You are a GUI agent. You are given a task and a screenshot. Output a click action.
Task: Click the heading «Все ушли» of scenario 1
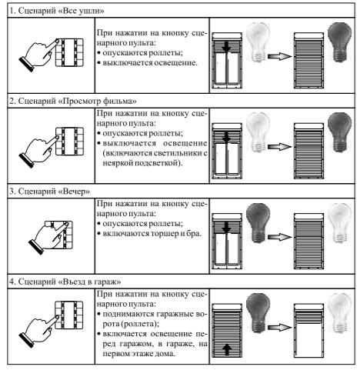[x=57, y=11]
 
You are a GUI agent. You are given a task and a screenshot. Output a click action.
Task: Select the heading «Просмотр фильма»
[x=73, y=102]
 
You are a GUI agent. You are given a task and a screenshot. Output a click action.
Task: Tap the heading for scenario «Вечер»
[x=50, y=192]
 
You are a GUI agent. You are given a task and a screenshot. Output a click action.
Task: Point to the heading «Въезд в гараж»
[x=65, y=282]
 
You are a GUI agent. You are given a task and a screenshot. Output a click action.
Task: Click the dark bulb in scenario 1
[x=340, y=42]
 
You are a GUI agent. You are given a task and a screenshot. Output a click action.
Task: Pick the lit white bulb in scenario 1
[x=258, y=42]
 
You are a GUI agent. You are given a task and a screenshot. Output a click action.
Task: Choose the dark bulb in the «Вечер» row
[x=258, y=223]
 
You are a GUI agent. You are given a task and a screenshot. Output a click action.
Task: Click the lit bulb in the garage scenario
[x=340, y=313]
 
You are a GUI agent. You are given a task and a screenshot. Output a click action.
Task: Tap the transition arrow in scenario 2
[x=280, y=147]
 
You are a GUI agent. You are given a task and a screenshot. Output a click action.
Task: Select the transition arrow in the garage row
[x=280, y=328]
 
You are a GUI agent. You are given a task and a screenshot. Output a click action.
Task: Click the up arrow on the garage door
[x=226, y=349]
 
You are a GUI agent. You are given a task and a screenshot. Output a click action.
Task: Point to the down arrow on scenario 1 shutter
[x=226, y=47]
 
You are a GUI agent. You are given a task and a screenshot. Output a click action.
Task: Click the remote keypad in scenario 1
[x=69, y=52]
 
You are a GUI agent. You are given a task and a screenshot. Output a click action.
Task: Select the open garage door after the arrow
[x=308, y=331]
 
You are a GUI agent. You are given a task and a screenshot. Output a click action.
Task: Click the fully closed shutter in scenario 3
[x=308, y=241]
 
